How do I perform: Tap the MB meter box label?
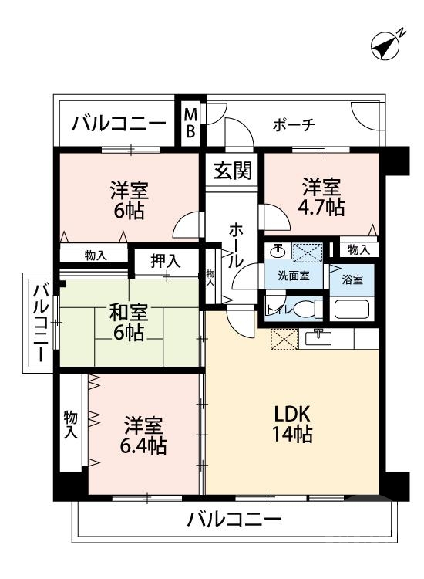[x=190, y=123]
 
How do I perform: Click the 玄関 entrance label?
[x=233, y=170]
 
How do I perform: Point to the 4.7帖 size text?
[x=322, y=208]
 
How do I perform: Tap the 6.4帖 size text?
[x=144, y=445]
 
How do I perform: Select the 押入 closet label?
[x=165, y=261]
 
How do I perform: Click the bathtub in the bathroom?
[x=351, y=309]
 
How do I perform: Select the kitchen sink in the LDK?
[x=317, y=338]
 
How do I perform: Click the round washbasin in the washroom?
[x=278, y=252]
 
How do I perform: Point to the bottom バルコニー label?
[x=234, y=520]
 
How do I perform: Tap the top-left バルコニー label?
[x=119, y=124]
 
